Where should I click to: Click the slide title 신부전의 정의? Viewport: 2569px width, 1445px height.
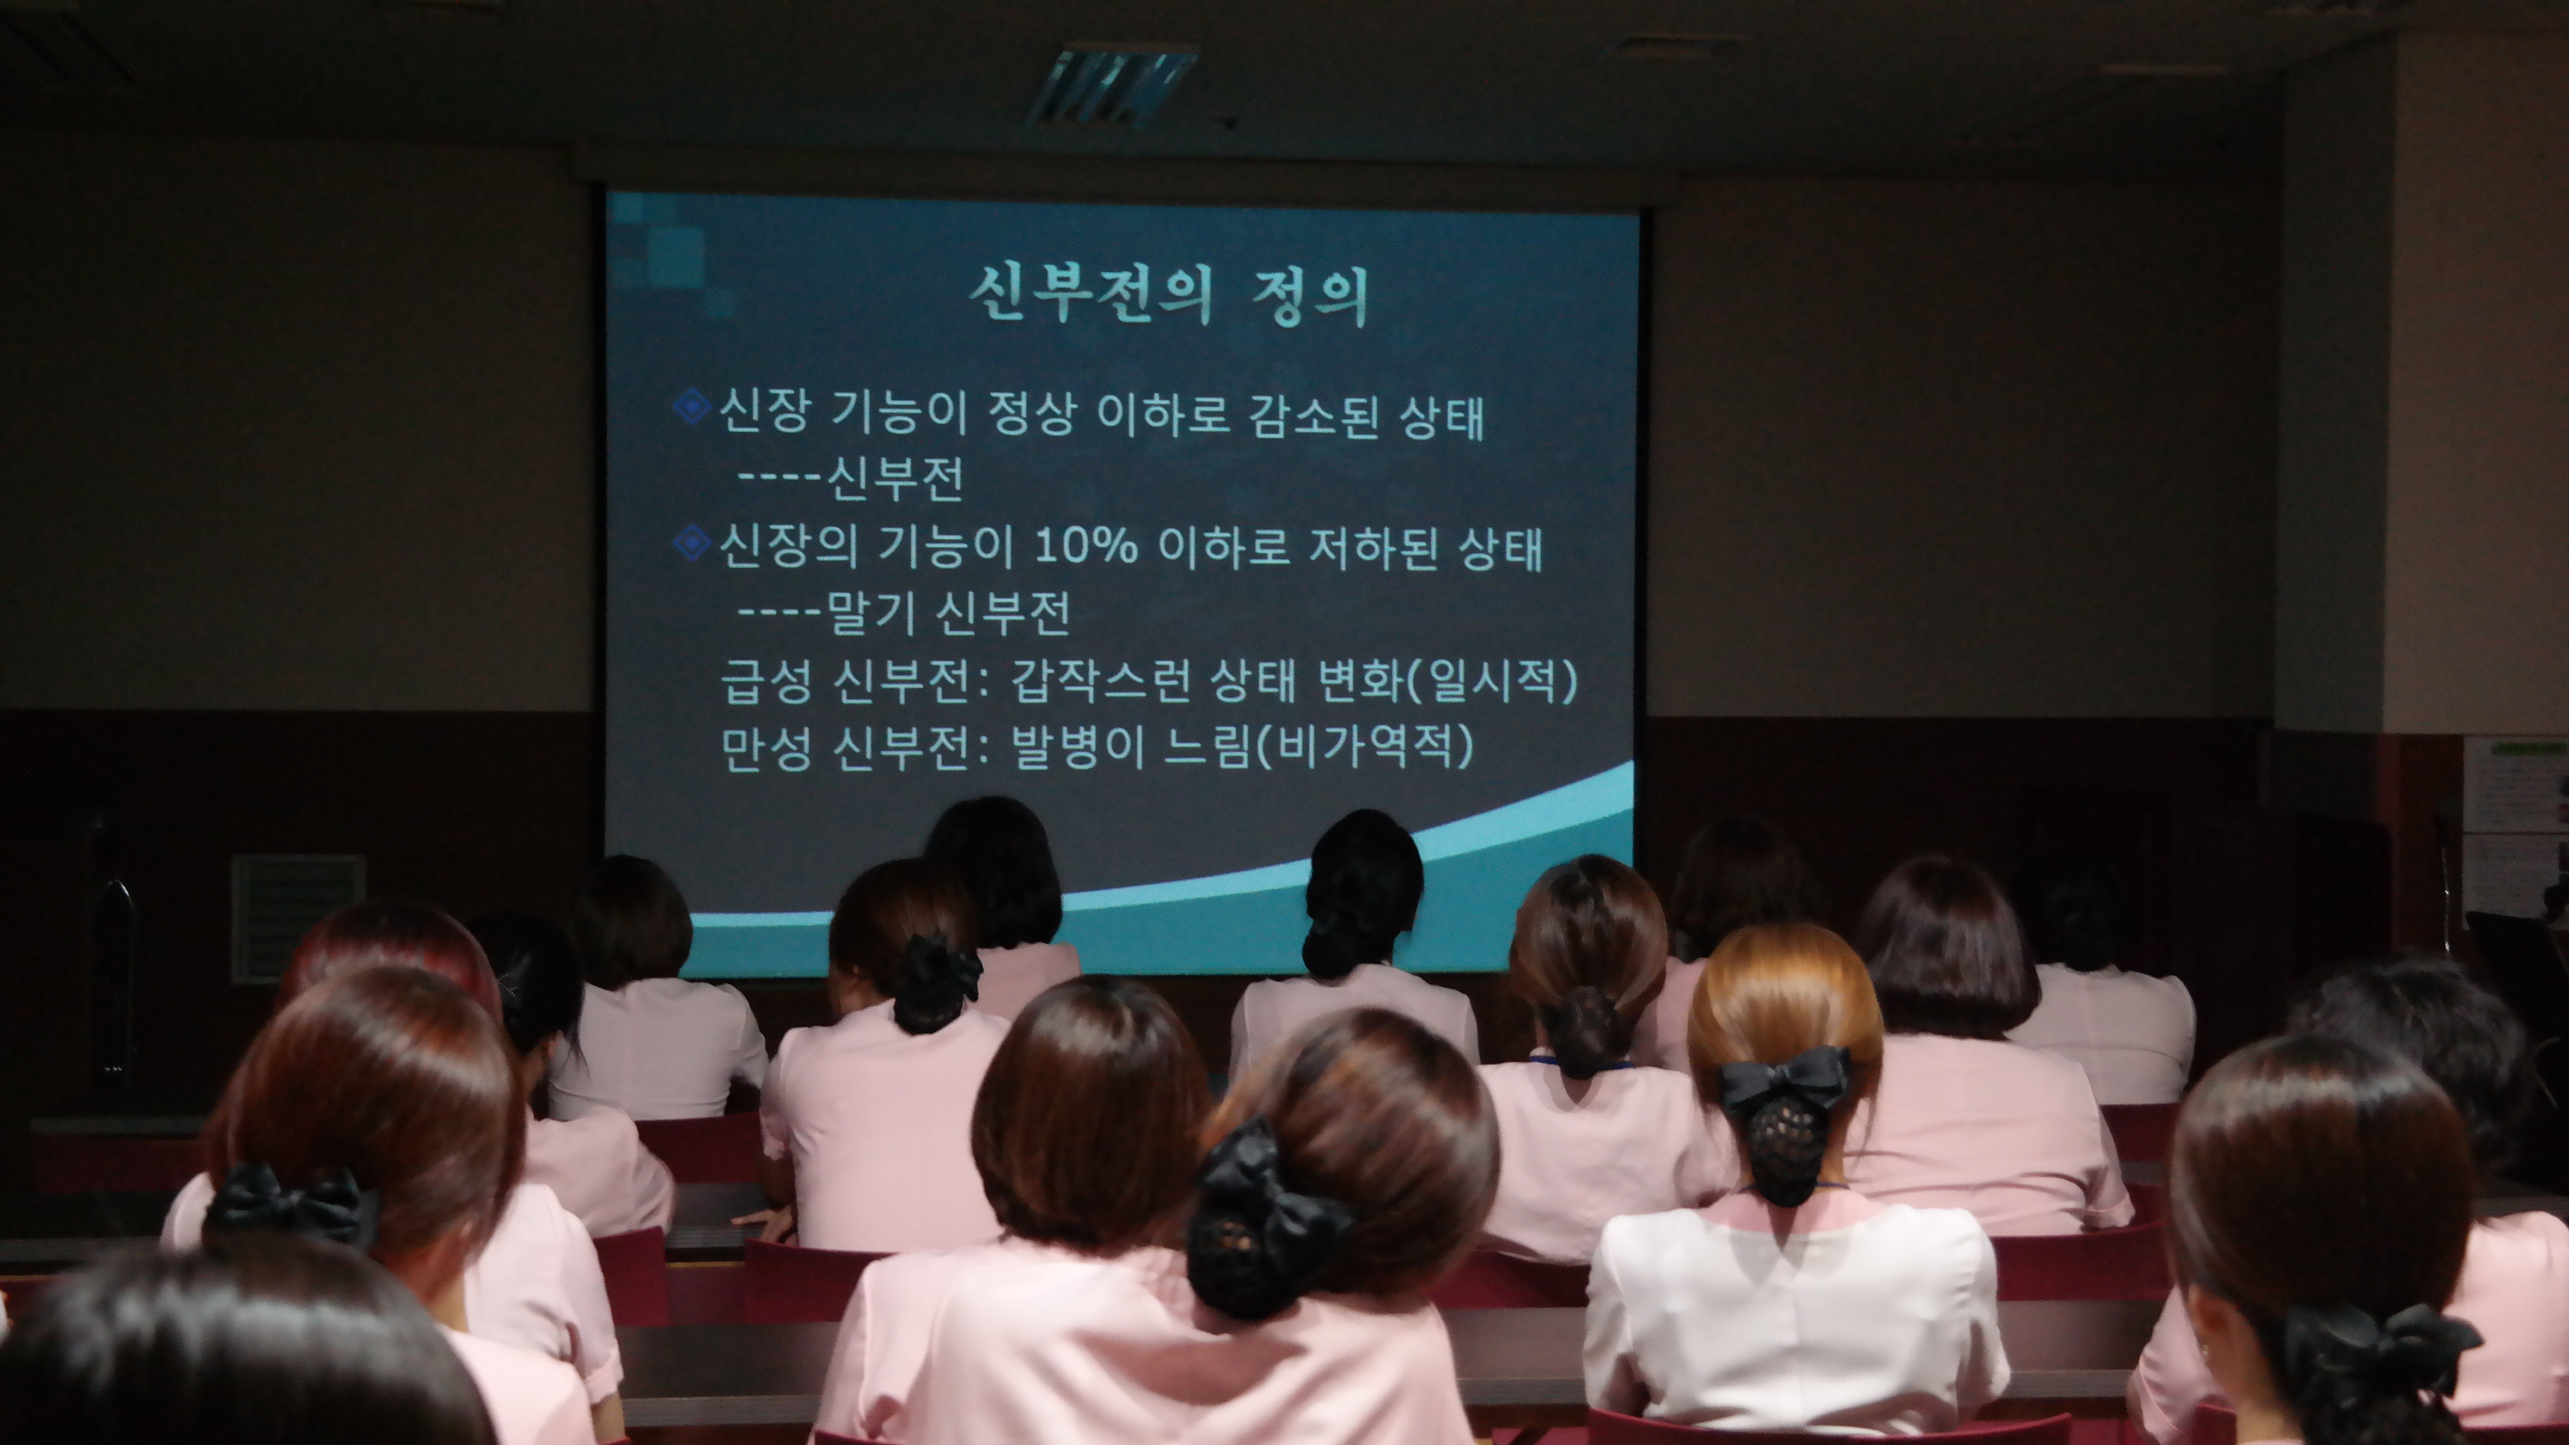click(x=1170, y=294)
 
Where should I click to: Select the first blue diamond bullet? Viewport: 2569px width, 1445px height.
click(x=692, y=407)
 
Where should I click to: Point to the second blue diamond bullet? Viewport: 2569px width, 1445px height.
click(x=692, y=544)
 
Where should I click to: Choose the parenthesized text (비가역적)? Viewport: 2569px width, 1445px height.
click(x=1363, y=747)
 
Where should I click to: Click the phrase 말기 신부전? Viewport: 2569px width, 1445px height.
click(x=949, y=612)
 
